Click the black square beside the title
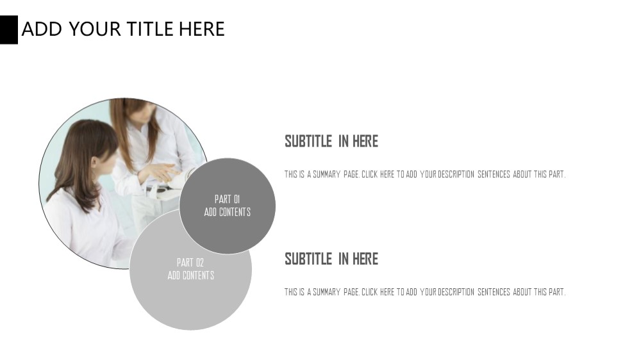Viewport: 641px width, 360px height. pos(8,29)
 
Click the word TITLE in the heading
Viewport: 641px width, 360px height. pos(150,29)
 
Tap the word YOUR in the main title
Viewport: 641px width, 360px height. pos(94,29)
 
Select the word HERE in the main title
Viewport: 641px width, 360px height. pos(202,29)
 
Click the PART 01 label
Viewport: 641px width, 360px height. pos(228,199)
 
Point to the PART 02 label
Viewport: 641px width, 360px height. pos(190,263)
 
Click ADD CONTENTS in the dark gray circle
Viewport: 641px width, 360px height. pos(228,212)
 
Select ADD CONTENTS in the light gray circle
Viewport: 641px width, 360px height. pos(190,275)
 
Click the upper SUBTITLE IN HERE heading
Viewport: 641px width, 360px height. pos(331,142)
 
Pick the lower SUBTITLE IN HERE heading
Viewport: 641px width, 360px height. pos(331,259)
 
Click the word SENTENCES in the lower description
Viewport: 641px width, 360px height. pos(494,292)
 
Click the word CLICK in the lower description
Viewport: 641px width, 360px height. pos(370,292)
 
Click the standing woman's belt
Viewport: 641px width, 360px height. pos(158,189)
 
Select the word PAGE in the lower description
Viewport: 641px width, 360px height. pos(351,292)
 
